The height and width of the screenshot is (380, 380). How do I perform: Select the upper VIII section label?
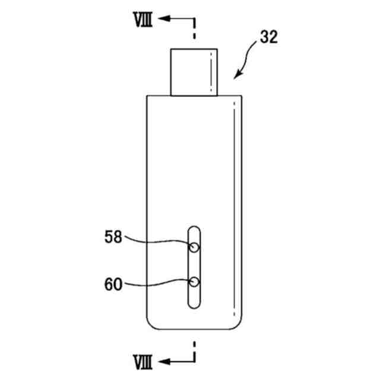coord(143,20)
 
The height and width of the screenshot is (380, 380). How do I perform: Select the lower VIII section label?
coord(143,360)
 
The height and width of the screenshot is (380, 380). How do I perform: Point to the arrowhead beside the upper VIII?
coord(167,20)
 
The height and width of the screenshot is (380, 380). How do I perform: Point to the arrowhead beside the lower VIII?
coord(167,360)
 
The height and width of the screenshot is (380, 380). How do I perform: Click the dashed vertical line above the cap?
coord(194,30)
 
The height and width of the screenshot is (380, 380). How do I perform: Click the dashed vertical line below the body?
coord(194,350)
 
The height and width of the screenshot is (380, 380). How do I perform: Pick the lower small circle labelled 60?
coord(194,282)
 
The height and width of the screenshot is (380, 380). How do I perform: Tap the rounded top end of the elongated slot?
coord(194,229)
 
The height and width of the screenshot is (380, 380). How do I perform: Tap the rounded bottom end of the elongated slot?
coord(194,305)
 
